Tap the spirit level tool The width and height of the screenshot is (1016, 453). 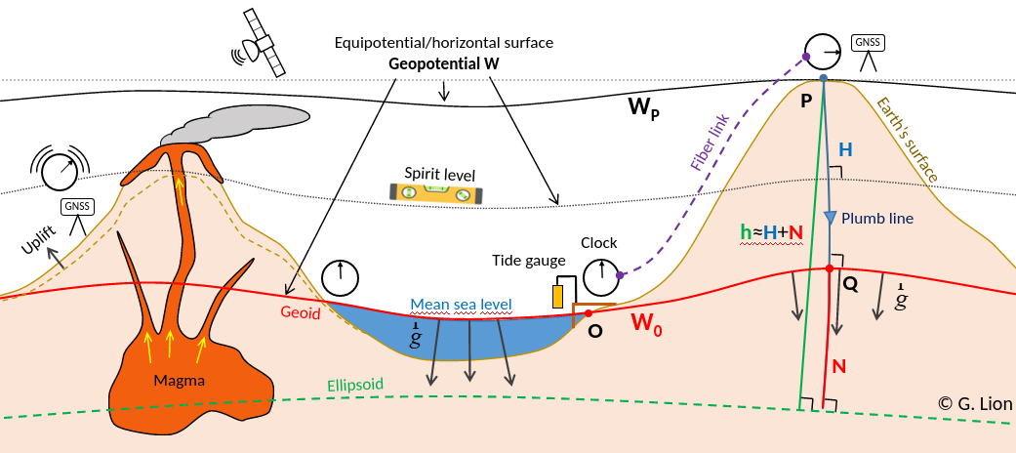coord(436,192)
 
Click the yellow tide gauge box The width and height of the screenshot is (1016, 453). coord(559,295)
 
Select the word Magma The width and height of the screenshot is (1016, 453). coord(179,381)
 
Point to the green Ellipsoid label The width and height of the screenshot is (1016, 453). coord(355,384)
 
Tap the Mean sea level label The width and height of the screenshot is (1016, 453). coord(461,305)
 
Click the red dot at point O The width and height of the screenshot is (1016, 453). coord(588,313)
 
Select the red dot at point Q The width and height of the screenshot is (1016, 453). coord(830,268)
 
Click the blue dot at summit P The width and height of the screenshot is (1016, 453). coord(824,78)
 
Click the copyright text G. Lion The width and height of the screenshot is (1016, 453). coord(975,403)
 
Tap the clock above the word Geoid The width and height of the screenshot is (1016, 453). coord(341,278)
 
